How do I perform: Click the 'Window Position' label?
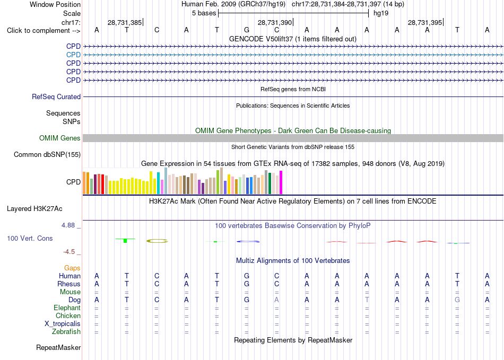click(55, 4)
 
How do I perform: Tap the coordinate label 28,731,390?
click(275, 22)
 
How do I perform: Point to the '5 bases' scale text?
click(204, 13)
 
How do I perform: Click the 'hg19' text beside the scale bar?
click(381, 13)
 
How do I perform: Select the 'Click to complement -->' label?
click(44, 31)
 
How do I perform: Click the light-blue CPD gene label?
click(73, 55)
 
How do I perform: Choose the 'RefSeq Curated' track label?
click(56, 96)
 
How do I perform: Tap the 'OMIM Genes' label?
click(60, 138)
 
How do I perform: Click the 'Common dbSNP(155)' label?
click(47, 154)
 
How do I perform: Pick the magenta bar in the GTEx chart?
click(281, 182)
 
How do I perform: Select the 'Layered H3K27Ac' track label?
click(34, 209)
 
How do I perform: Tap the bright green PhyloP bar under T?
click(125, 241)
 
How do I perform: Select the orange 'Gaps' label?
click(72, 268)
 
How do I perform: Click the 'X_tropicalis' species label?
click(63, 324)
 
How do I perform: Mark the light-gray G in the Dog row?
click(457, 300)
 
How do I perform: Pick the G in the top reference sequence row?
click(247, 30)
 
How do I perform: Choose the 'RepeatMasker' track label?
click(58, 347)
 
